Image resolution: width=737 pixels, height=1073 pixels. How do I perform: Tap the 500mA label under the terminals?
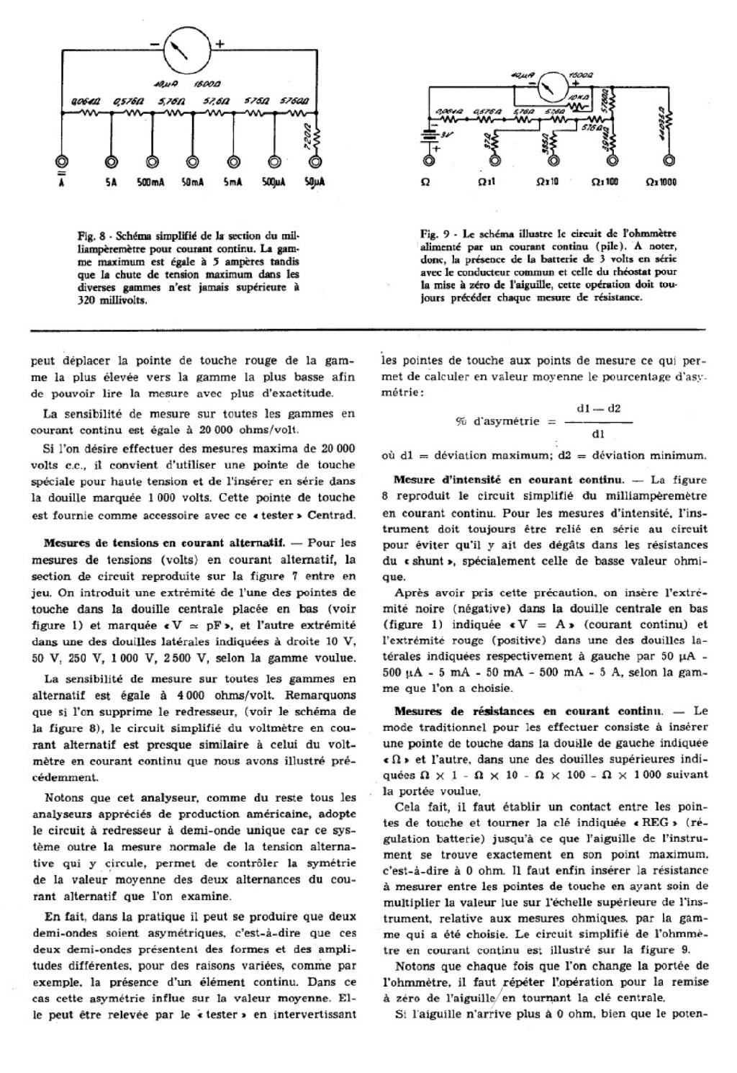[x=152, y=183]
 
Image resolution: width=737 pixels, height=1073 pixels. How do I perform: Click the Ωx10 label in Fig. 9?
[x=548, y=182]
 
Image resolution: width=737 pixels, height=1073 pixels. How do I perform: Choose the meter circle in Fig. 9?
[x=552, y=86]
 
